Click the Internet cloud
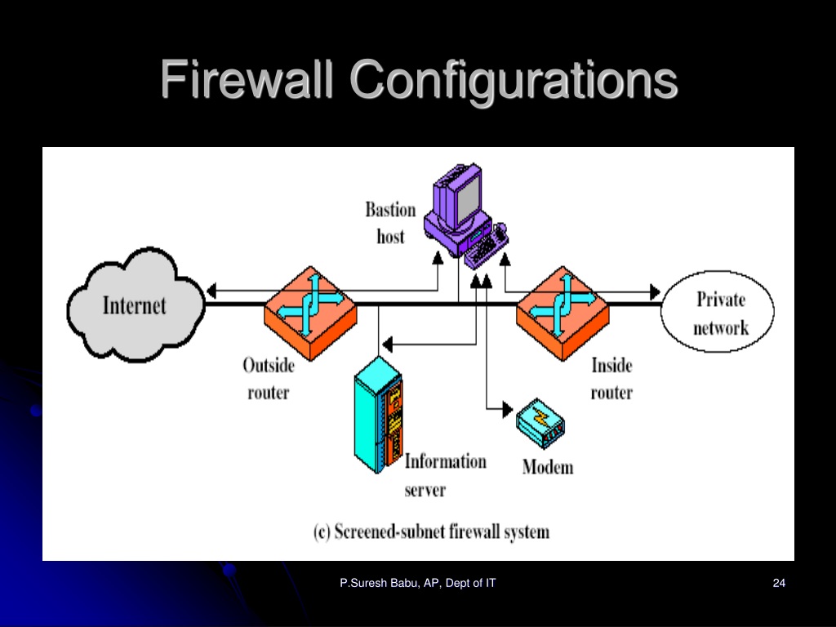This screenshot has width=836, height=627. pyautogui.click(x=136, y=305)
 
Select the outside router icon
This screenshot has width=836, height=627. pyautogui.click(x=310, y=313)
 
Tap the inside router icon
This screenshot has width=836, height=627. pyautogui.click(x=563, y=313)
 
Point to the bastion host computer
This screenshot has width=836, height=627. pyautogui.click(x=465, y=216)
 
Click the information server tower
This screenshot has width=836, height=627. pyautogui.click(x=378, y=415)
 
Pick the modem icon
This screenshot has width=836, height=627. pyautogui.click(x=540, y=423)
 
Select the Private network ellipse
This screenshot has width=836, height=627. pyautogui.click(x=718, y=311)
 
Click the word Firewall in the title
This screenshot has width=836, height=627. pyautogui.click(x=247, y=79)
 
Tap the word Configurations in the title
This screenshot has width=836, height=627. pyautogui.click(x=514, y=81)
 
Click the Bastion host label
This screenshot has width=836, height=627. pyautogui.click(x=390, y=223)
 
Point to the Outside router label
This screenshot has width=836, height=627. pyautogui.click(x=269, y=379)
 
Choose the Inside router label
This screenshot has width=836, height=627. pyautogui.click(x=611, y=379)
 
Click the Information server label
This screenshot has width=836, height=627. pyautogui.click(x=445, y=475)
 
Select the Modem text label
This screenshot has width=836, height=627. pyautogui.click(x=548, y=467)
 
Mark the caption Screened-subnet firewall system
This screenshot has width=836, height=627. pyautogui.click(x=431, y=532)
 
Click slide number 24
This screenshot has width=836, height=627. pyautogui.click(x=779, y=583)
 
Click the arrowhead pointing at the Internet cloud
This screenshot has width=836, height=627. pyautogui.click(x=211, y=291)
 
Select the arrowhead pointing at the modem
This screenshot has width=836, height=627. pyautogui.click(x=508, y=410)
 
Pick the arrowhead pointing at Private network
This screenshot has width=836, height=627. pyautogui.click(x=656, y=291)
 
